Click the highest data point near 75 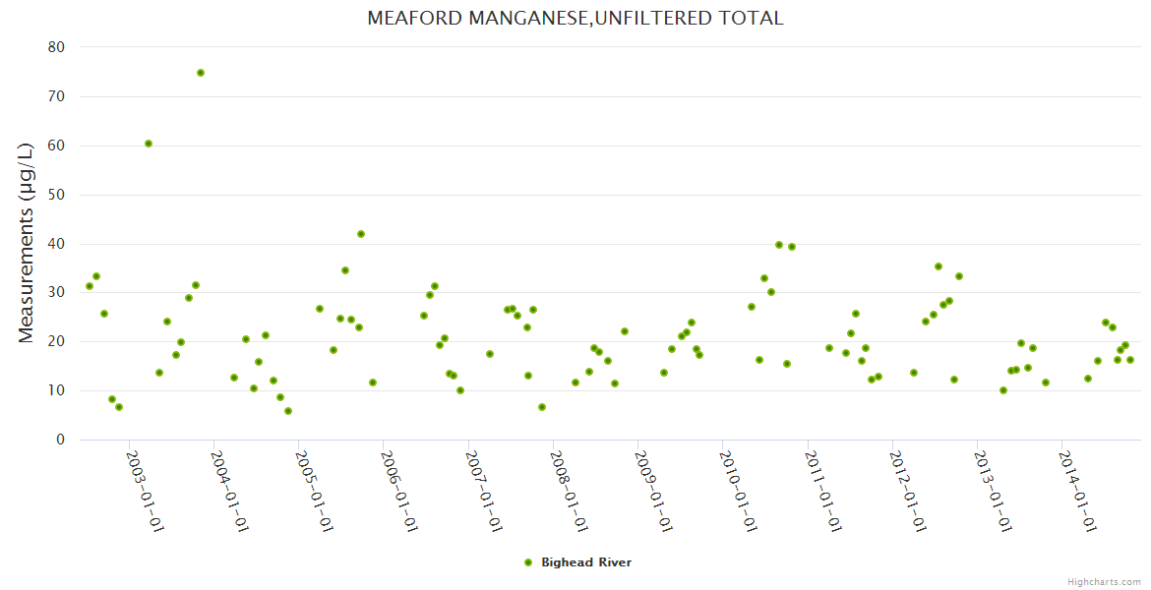coord(201,73)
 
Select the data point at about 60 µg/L coord(149,144)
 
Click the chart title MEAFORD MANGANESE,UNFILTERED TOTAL coord(575,19)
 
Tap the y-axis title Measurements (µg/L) coord(27,242)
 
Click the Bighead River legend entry coord(585,562)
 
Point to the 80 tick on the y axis coord(56,47)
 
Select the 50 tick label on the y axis coord(56,195)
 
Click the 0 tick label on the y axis coord(60,440)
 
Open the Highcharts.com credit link coord(1105,581)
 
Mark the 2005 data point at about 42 coord(361,234)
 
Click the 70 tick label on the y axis coord(56,96)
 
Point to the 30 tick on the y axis coord(56,292)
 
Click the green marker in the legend coord(528,562)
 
